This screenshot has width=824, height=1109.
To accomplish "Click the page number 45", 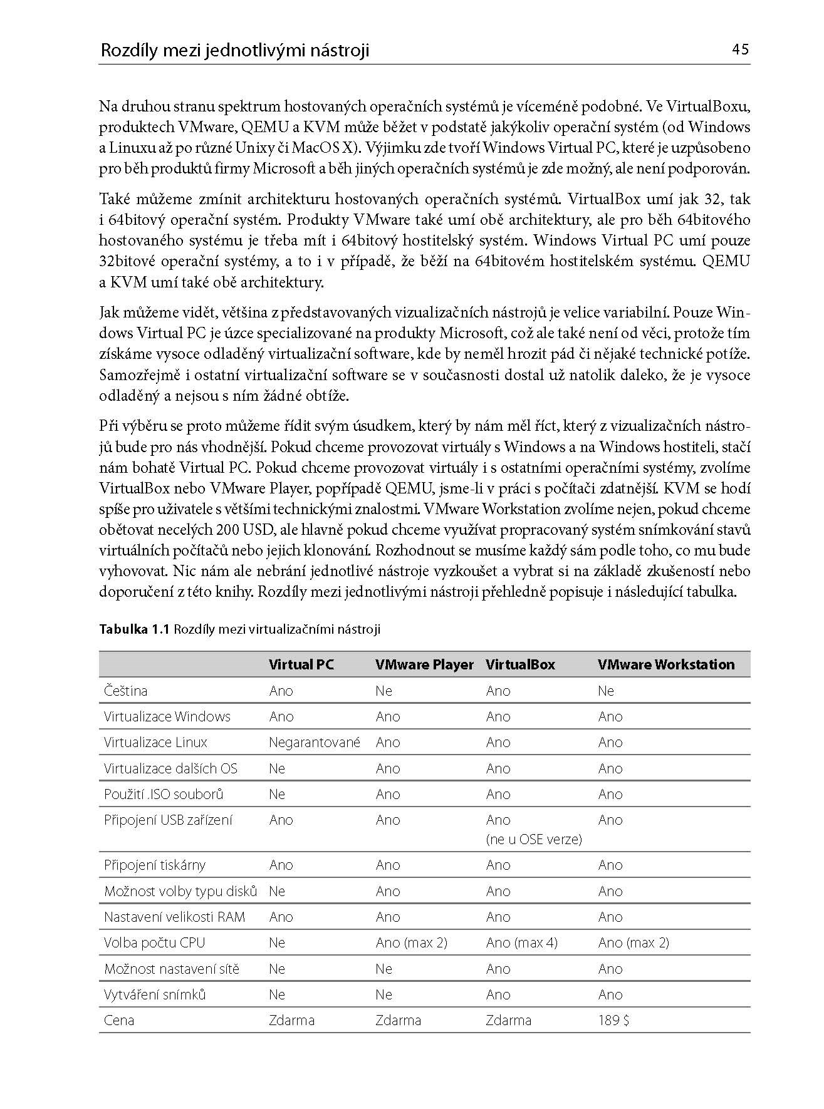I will click(x=740, y=49).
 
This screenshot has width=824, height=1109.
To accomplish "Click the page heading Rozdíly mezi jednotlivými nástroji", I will click(x=235, y=50).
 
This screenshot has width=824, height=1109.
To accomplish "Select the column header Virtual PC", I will click(x=301, y=664).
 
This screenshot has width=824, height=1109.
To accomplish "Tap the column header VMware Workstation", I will click(x=666, y=664).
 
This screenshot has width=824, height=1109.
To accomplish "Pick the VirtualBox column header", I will click(x=520, y=664).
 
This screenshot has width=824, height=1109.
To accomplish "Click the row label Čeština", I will click(x=126, y=691).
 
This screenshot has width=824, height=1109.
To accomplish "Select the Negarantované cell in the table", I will click(x=315, y=742).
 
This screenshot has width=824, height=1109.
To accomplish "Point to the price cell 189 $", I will click(x=613, y=1020).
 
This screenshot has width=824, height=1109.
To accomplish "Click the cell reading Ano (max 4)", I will click(x=521, y=942).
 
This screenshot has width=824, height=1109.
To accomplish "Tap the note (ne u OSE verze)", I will click(x=534, y=839).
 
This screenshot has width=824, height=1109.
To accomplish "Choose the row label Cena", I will click(x=119, y=1020).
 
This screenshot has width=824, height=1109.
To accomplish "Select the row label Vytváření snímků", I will click(x=155, y=994).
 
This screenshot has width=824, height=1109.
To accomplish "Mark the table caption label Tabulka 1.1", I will click(x=134, y=629).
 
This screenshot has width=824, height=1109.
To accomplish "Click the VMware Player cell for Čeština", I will click(x=383, y=691).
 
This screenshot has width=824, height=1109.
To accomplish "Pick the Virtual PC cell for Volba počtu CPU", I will click(x=277, y=942).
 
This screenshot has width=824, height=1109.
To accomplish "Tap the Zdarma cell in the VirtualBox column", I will click(x=508, y=1020).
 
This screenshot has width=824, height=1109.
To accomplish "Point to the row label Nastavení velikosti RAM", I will click(x=175, y=917).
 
